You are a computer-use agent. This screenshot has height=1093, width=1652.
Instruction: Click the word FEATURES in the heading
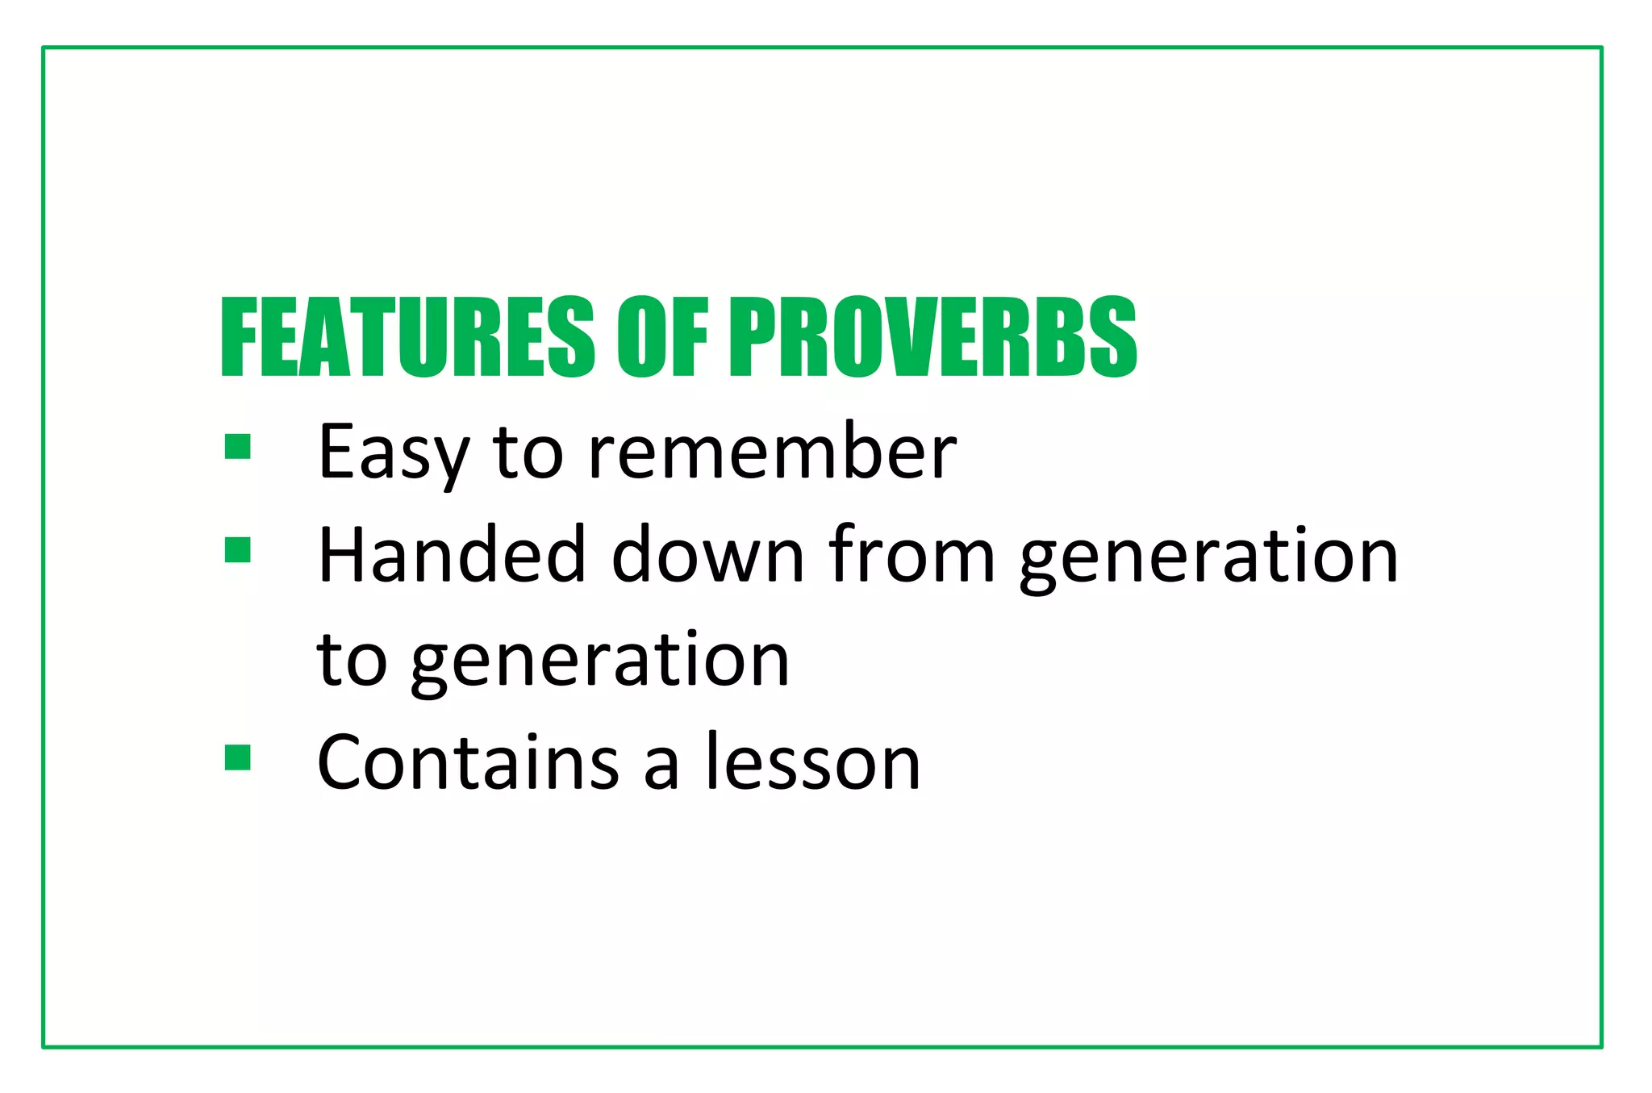(x=407, y=336)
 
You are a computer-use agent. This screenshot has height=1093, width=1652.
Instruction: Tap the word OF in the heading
(x=662, y=336)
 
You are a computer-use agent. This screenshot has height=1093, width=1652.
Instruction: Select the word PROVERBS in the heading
(x=932, y=336)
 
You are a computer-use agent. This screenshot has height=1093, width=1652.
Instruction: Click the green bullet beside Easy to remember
(x=238, y=446)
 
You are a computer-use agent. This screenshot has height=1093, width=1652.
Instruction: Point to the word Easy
(x=394, y=453)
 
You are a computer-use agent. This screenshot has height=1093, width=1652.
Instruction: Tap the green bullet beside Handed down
(x=238, y=550)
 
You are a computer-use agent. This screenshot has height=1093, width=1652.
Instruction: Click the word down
(x=708, y=556)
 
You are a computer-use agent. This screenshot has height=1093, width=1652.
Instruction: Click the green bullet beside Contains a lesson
(x=238, y=757)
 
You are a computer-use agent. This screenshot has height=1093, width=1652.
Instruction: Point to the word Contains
(x=468, y=763)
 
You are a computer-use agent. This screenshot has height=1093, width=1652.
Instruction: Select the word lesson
(x=813, y=763)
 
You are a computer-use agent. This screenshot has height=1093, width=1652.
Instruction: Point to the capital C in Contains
(x=342, y=763)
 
